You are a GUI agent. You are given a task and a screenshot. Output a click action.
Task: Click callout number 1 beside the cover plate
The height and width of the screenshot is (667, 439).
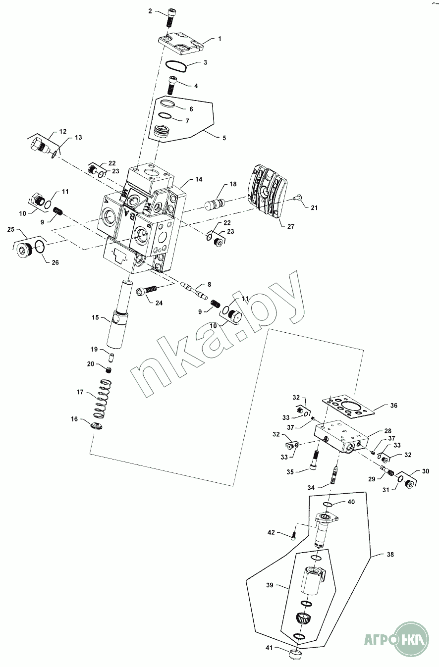pos(219,39)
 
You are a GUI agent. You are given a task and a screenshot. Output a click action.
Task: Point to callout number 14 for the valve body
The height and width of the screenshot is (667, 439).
pos(199,179)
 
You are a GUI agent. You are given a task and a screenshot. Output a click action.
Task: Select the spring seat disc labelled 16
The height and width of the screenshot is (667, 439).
pos(96,425)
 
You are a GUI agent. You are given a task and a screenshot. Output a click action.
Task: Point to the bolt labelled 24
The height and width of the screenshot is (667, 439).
pos(147,290)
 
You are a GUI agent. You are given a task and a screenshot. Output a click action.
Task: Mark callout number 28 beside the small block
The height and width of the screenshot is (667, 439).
pos(388,431)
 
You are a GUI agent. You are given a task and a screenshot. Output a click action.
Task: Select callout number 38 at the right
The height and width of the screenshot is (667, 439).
pos(390,555)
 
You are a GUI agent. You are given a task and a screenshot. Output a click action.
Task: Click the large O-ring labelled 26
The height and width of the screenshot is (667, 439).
pos(40,247)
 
